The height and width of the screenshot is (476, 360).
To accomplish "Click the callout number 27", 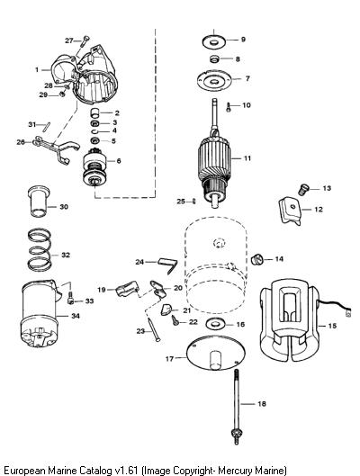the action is (x=69, y=40).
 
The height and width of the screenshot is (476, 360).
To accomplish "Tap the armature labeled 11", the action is (x=214, y=157).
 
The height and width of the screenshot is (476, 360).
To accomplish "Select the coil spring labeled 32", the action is (x=40, y=249).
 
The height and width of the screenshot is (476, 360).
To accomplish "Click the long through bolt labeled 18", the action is (x=237, y=407).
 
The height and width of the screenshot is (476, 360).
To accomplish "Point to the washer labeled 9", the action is (x=213, y=41).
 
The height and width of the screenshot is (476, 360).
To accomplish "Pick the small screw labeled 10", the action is (x=229, y=107).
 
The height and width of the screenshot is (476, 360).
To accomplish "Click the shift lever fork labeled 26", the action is (x=56, y=148).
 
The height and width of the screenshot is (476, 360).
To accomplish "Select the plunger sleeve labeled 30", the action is (x=38, y=202).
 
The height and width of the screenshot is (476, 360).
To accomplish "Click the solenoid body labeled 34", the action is (x=39, y=314).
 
